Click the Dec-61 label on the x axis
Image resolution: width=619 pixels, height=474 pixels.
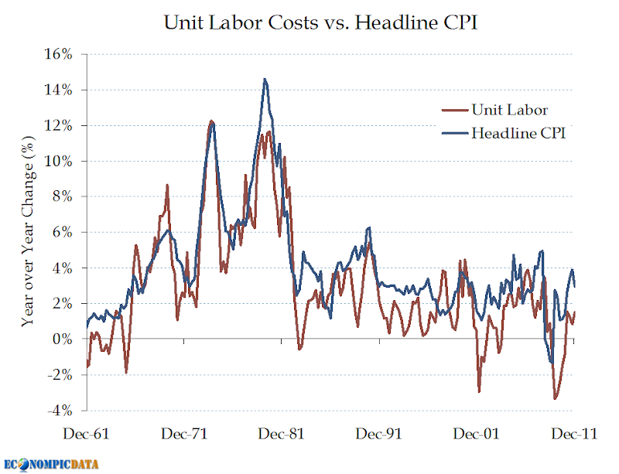(87, 434)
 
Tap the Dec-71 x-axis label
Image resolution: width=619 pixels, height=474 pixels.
(183, 434)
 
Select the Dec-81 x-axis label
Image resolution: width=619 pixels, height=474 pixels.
(281, 434)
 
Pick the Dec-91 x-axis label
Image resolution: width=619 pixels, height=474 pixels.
(378, 434)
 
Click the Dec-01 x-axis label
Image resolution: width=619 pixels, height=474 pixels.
(475, 434)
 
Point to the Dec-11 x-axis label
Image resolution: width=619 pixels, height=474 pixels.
(573, 434)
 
